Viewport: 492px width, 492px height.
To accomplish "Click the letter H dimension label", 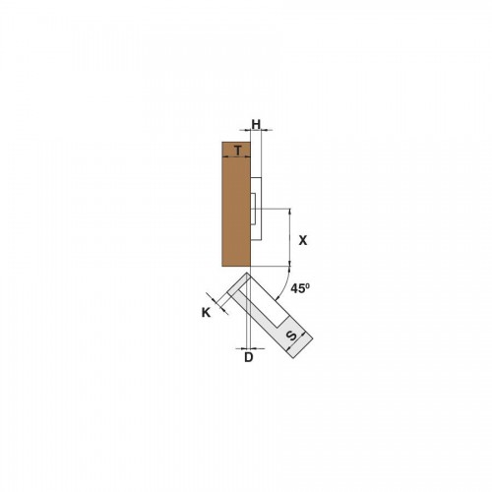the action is point(256,124).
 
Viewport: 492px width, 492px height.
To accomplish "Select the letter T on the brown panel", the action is point(238,151).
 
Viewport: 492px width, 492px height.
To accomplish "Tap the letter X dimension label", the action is point(303,240).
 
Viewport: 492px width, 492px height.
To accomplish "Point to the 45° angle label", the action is point(300,288).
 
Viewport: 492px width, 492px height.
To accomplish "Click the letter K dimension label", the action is point(206,313).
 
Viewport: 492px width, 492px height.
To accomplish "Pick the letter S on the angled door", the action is point(291,336).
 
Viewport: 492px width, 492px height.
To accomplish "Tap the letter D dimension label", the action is point(249,357).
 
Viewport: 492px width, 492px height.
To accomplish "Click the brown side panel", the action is point(236,204).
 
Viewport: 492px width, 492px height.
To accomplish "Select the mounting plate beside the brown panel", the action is point(256,210).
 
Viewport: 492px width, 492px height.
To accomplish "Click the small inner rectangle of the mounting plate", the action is point(253,209).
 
